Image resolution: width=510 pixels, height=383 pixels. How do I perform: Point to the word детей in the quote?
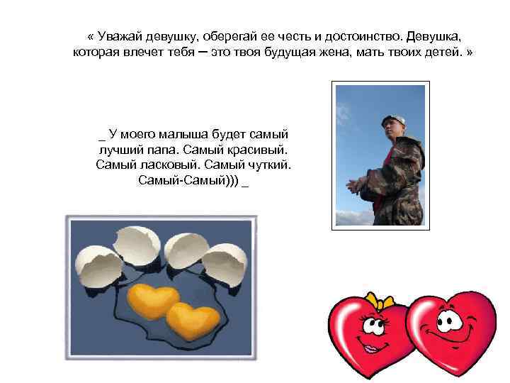443,52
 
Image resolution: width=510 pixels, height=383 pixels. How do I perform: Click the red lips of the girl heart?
369,348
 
